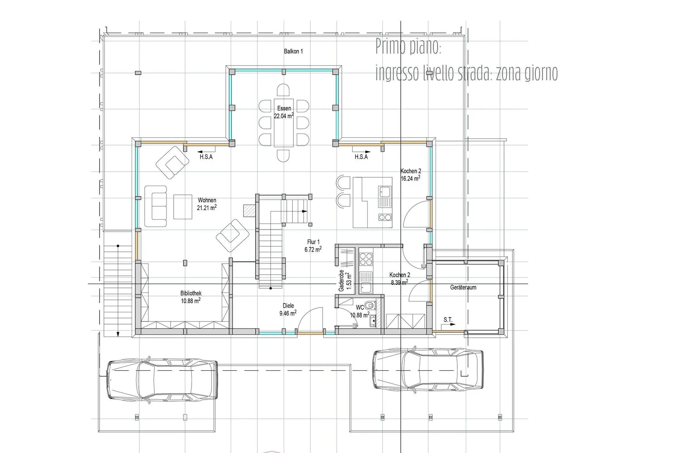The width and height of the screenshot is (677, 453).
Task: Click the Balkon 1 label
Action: tap(293, 51)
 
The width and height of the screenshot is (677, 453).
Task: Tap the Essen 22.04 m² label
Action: tap(284, 112)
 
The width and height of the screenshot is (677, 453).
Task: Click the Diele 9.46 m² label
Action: tap(288, 310)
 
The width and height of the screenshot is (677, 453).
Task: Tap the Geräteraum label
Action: tap(463, 288)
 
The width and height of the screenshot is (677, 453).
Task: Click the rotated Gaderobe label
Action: tap(341, 281)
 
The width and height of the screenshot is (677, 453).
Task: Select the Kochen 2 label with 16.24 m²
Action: tap(410, 175)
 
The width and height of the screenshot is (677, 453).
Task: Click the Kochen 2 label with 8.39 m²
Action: tap(400, 278)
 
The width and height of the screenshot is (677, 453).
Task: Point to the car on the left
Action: tap(162, 379)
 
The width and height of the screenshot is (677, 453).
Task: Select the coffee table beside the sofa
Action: tap(183, 207)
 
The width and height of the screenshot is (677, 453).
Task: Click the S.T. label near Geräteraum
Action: tap(448, 320)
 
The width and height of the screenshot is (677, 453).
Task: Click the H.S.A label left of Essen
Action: tap(206, 157)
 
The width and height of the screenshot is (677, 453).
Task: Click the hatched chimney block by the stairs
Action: tap(249, 210)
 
